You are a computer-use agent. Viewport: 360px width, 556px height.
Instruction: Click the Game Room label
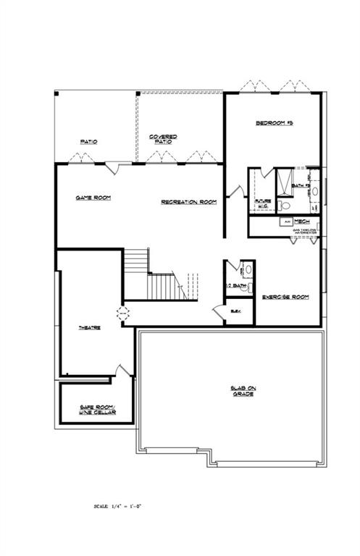[x=93, y=197]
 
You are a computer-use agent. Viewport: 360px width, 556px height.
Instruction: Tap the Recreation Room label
[x=189, y=202]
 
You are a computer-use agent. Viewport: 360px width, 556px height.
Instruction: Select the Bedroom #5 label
[x=273, y=123]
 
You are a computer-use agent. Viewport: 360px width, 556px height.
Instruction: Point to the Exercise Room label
[x=285, y=297]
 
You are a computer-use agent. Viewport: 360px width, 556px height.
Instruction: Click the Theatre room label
[x=89, y=327]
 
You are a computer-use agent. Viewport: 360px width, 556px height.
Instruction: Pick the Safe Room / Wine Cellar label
[x=97, y=410]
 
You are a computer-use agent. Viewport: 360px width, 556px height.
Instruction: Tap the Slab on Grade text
[x=242, y=392]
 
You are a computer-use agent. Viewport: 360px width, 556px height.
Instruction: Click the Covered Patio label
[x=164, y=138]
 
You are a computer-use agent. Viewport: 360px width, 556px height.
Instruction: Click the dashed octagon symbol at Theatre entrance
[x=122, y=313]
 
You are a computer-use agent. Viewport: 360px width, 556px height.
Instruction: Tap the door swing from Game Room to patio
[x=112, y=169]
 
